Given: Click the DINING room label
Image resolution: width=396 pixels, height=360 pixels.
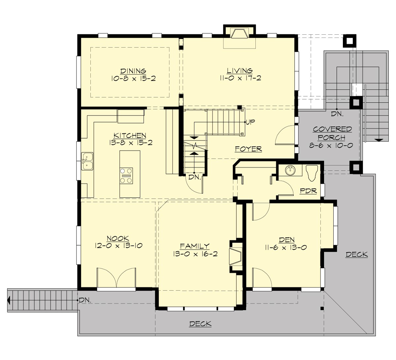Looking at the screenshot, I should (133, 71).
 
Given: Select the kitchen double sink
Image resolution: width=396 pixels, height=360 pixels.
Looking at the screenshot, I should (87, 161).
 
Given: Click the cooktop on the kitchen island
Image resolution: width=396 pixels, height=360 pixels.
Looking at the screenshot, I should (127, 175).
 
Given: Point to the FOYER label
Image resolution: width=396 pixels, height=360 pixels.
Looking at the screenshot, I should (248, 149).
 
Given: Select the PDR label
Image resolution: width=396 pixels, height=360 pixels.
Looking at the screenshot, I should (309, 191).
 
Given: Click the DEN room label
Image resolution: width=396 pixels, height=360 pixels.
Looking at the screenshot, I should (286, 240).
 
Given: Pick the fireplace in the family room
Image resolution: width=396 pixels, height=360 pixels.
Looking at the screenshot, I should (237, 255).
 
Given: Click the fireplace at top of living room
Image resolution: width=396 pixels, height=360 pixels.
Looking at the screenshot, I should (239, 34).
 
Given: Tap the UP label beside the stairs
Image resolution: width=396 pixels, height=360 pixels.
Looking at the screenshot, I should (250, 122).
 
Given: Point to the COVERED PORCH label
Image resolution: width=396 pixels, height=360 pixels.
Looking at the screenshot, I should (332, 133).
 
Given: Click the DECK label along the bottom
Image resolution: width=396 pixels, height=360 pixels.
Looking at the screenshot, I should (200, 324).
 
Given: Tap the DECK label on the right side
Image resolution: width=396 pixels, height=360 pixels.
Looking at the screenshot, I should (356, 254).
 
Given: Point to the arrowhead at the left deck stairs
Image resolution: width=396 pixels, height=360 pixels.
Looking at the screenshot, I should (9, 300).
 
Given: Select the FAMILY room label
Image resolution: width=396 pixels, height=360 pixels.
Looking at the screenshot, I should (194, 246).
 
